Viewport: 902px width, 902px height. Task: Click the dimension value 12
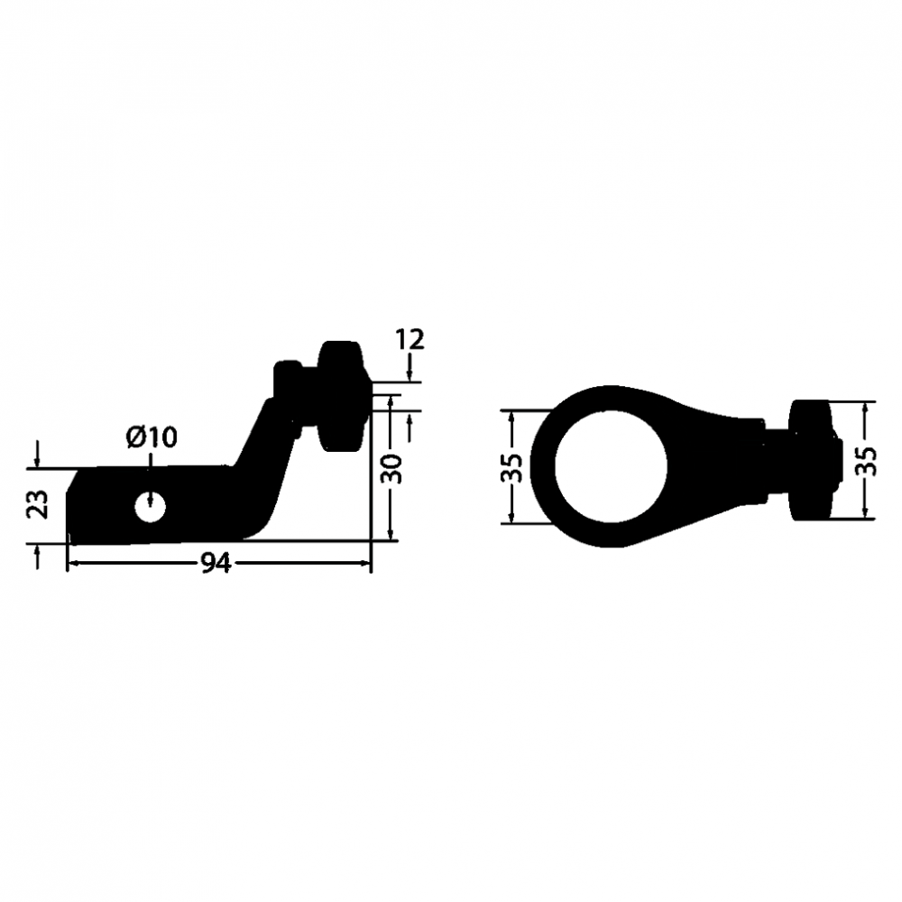[410, 340]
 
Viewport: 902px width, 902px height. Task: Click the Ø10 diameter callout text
[152, 437]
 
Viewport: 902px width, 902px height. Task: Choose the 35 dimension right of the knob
[865, 461]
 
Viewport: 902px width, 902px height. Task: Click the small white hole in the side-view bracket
[151, 507]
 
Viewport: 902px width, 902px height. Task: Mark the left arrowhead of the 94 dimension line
[73, 564]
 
